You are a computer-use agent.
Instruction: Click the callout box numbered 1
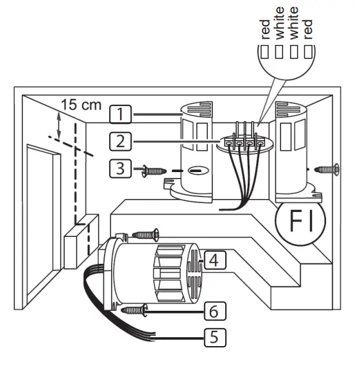[120, 115]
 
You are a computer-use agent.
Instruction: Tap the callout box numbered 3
[120, 170]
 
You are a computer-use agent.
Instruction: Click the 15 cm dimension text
[82, 105]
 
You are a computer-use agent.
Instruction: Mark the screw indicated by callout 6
[137, 309]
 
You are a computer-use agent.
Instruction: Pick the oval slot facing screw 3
[197, 172]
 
